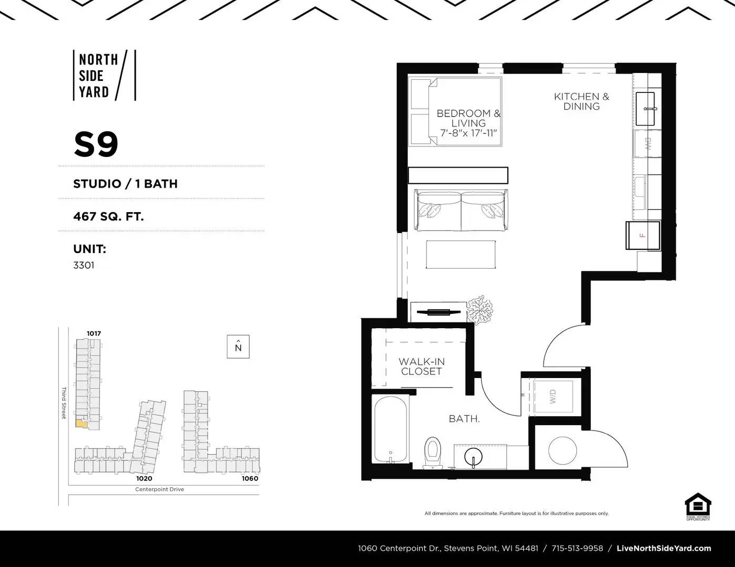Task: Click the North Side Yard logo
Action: (104, 75)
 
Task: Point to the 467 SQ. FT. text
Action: (108, 216)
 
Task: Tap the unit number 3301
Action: (84, 265)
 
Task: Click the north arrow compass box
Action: (238, 346)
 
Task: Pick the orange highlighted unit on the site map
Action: (81, 423)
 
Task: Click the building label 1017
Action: (94, 333)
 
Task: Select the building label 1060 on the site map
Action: (250, 478)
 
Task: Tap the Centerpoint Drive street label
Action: (159, 489)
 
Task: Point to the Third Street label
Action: (64, 403)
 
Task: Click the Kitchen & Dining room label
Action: (581, 101)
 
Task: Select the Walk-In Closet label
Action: (421, 366)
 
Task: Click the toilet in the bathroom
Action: (432, 451)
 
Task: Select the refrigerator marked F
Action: (642, 235)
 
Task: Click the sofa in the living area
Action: (461, 210)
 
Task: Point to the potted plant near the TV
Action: (480, 310)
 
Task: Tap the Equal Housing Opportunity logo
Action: (698, 506)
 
